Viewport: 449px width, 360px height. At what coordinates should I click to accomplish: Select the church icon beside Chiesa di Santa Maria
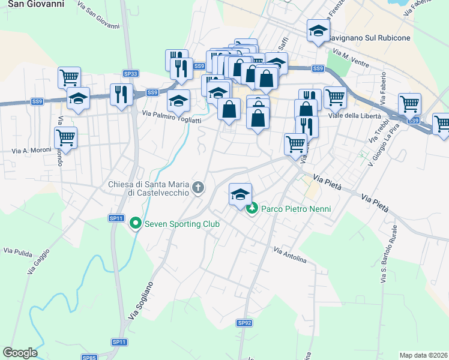pyautogui.click(x=198, y=188)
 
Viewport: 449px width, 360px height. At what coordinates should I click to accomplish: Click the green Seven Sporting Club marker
pyautogui.click(x=136, y=224)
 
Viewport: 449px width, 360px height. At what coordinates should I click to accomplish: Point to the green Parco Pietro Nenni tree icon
pyautogui.click(x=253, y=209)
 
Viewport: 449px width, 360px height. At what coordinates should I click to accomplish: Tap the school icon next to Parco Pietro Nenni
pyautogui.click(x=240, y=195)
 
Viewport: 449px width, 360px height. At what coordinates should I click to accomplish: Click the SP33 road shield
pyautogui.click(x=130, y=74)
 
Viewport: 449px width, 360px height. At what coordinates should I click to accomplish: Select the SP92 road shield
pyautogui.click(x=244, y=323)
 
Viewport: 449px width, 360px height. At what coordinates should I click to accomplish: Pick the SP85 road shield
pyautogui.click(x=89, y=358)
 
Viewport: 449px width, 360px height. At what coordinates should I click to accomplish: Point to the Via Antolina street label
pyautogui.click(x=290, y=255)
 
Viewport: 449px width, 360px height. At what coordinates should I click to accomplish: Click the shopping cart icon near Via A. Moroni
pyautogui.click(x=65, y=137)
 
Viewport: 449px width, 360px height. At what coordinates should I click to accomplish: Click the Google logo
pyautogui.click(x=20, y=353)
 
